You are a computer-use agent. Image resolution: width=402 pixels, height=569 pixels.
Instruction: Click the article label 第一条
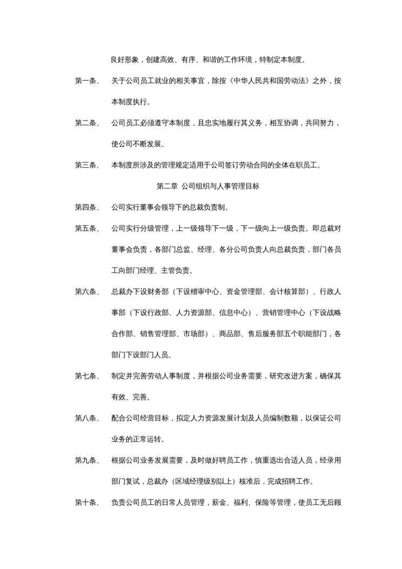[86, 81]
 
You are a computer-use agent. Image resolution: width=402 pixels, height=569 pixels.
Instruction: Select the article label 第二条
[86, 123]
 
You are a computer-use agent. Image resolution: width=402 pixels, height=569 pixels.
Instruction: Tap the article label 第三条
[86, 166]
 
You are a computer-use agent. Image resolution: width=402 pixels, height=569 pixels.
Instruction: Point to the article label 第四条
[86, 207]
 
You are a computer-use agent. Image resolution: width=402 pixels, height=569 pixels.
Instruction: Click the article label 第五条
[86, 228]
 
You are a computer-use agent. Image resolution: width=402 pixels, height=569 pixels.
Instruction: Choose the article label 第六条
[86, 292]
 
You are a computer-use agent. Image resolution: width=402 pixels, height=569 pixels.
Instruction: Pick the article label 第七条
[86, 376]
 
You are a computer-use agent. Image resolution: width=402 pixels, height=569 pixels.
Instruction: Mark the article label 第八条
[86, 418]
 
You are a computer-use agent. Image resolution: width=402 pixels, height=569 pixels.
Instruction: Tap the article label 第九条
[86, 460]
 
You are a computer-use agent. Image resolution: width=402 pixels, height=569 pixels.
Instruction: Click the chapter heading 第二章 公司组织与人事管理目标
[208, 186]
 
